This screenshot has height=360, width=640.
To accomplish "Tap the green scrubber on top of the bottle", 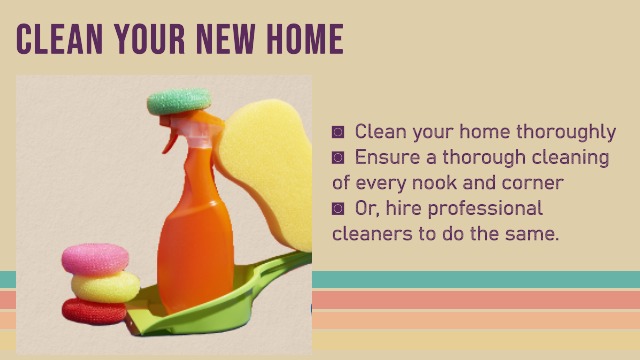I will [x=179, y=101].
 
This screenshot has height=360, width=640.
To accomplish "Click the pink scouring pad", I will [x=95, y=259].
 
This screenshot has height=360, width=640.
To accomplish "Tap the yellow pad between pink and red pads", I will [x=105, y=286].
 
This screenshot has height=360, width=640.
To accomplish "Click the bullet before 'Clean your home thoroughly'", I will [x=338, y=132].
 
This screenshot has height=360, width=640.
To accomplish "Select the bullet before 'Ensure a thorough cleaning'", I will [x=338, y=158].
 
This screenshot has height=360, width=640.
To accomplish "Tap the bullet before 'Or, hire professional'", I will [x=338, y=209].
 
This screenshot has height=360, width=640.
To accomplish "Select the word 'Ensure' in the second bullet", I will [x=388, y=158].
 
